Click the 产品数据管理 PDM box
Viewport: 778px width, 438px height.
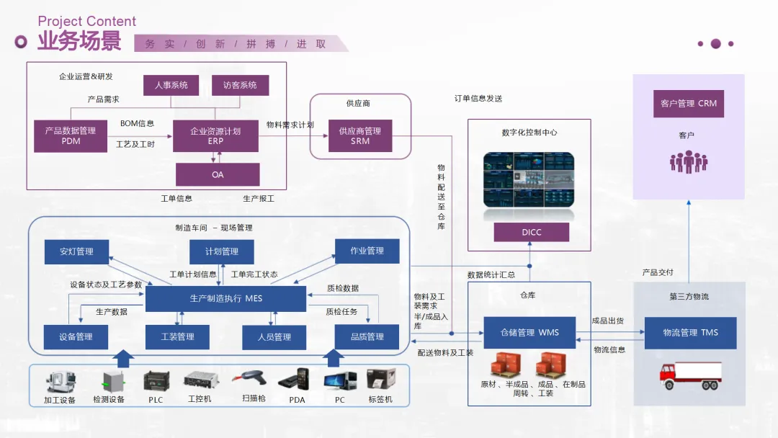pos(71,136)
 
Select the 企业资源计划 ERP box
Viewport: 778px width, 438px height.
pos(215,136)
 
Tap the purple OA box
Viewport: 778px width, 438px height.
pos(218,174)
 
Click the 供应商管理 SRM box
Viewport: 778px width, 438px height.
pos(360,136)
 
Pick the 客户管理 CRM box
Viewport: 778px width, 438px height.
pos(689,104)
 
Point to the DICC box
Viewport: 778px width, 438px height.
pos(532,232)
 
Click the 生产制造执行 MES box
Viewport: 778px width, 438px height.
pos(225,299)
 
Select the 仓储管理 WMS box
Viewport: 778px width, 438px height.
pos(529,332)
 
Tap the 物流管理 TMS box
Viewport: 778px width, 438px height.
pos(691,333)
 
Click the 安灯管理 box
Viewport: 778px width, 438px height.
pos(76,251)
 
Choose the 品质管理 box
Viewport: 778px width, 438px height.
pos(367,337)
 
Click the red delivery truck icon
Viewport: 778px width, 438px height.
pos(690,375)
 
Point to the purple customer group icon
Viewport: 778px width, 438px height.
pos(689,161)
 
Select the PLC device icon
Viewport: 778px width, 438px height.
pos(156,382)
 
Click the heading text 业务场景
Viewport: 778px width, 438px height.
pos(79,40)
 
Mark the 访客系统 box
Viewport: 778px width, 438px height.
pos(240,85)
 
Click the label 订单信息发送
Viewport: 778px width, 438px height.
pos(478,99)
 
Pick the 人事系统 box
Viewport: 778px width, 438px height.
pos(171,85)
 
